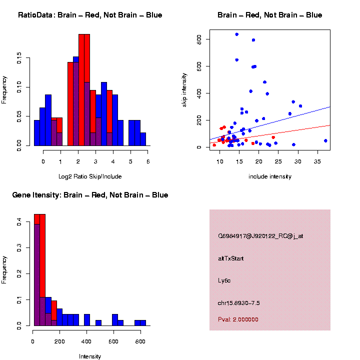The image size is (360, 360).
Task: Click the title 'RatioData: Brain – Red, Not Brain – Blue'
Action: [x=90, y=15]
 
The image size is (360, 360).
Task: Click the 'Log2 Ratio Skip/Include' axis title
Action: [x=89, y=176]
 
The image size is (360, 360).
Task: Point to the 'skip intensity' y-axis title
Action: [x=183, y=88]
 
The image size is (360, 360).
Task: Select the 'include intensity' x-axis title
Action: [x=269, y=176]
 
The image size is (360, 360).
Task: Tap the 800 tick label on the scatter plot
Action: [x=199, y=39]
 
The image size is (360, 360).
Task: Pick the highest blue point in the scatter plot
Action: [x=236, y=34]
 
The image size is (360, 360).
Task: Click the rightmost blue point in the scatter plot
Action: [x=325, y=140]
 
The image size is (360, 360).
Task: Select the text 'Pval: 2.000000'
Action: [x=238, y=319]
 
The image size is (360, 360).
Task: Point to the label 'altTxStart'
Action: [x=231, y=258]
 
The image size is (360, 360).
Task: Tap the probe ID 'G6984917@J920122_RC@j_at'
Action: [x=260, y=236]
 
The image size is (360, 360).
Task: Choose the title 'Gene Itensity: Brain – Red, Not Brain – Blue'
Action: [x=90, y=195]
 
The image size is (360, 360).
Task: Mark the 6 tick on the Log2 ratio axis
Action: [x=148, y=162]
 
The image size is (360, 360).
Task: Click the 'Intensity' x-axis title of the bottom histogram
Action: [x=90, y=356]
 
